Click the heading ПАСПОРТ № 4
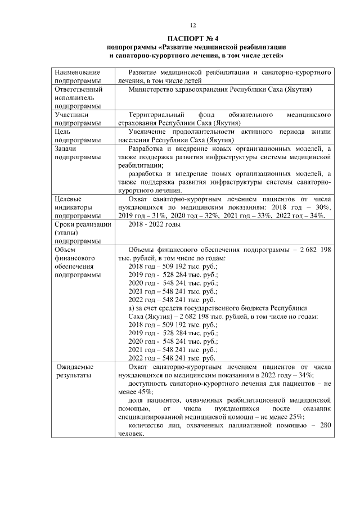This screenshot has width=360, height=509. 192,38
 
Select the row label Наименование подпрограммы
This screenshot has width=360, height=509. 77,77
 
